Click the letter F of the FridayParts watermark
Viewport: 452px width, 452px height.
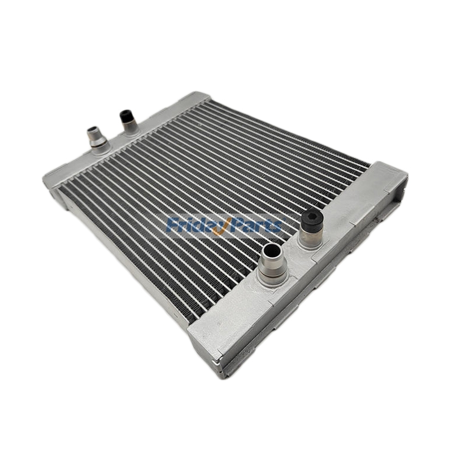173,224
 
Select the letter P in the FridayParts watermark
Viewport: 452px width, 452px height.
235,224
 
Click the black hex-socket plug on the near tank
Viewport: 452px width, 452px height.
310,219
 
